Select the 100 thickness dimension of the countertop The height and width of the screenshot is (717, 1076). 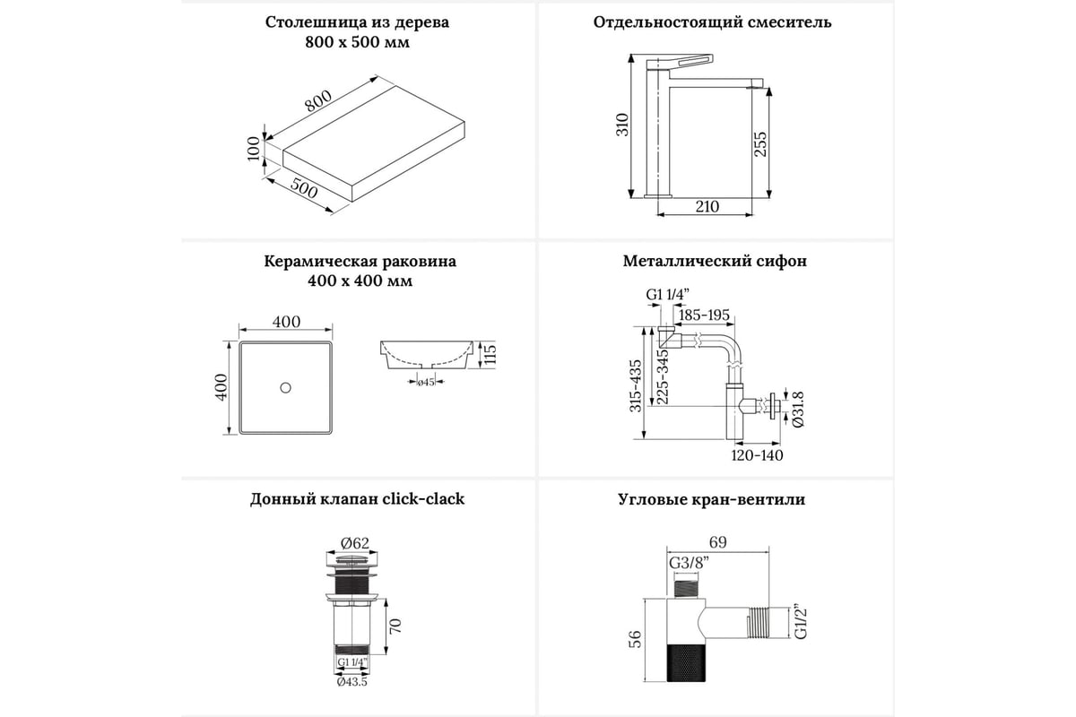[x=254, y=148]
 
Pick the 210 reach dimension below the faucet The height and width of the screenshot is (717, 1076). [x=707, y=207]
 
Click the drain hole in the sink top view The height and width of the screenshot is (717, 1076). [x=285, y=387]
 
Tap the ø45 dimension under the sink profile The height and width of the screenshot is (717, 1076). [x=426, y=383]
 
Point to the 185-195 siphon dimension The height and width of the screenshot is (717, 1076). [x=704, y=315]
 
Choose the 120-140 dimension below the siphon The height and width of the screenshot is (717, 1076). [x=757, y=455]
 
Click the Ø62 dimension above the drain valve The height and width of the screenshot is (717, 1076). [x=356, y=542]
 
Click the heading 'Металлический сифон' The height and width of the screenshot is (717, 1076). [x=715, y=262]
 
